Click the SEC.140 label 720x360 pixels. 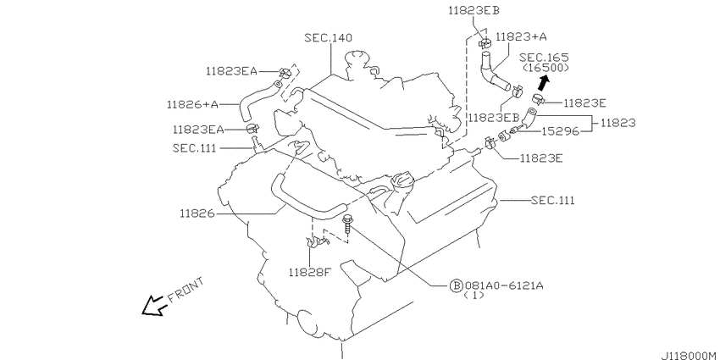coord(329,37)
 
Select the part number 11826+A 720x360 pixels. coord(192,105)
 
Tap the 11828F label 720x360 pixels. coord(309,273)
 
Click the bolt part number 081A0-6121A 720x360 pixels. coord(504,285)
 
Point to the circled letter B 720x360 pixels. coord(455,286)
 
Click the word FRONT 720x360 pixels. coord(186,291)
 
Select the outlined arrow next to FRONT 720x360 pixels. coord(154,305)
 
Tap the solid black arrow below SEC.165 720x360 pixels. coord(543,83)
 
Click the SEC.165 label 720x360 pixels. coord(544,58)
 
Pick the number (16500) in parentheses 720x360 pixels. coord(546,68)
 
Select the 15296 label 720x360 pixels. coord(560,131)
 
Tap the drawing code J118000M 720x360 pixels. coord(690,356)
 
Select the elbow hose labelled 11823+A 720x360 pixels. coord(493,73)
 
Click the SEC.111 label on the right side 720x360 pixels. coord(552,201)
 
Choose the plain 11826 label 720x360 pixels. coord(197,213)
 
